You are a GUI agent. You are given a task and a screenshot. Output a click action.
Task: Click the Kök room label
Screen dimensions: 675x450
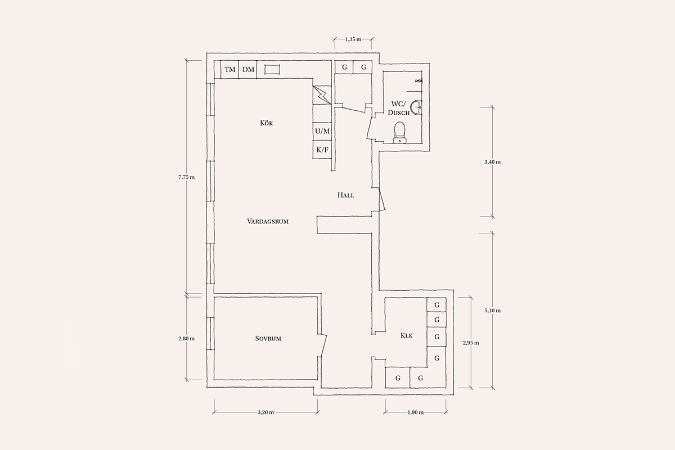267,123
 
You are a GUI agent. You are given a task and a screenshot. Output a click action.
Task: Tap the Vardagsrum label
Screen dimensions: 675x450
268,222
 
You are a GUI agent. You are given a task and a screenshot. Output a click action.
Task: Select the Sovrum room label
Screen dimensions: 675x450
268,339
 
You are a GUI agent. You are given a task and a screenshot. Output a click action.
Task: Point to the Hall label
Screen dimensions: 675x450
345,195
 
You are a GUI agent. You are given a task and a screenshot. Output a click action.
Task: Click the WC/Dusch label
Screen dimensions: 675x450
399,108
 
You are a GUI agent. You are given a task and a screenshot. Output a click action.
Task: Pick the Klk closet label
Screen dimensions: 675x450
407,335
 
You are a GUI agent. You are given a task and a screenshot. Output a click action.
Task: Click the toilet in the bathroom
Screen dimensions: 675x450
399,132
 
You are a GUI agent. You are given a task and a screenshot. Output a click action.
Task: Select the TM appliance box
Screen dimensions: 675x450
229,70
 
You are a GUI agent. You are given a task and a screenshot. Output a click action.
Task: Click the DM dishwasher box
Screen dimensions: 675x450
248,70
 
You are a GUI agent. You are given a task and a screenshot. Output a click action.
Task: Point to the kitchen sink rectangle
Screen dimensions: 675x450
272,70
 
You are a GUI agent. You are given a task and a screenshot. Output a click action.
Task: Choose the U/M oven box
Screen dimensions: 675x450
322,132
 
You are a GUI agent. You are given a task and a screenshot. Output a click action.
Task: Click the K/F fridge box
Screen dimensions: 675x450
322,150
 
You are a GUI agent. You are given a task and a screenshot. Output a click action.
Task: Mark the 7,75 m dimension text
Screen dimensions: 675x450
187,177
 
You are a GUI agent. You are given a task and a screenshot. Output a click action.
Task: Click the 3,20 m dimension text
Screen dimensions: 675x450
265,412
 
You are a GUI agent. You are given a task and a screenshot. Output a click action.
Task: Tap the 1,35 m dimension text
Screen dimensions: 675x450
353,39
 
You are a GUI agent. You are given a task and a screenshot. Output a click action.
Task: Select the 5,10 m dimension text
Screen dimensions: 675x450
493,310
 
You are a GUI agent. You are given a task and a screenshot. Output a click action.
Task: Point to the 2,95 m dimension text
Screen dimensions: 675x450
471,343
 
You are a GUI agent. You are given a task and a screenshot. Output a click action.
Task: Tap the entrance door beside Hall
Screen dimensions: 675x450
382,199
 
